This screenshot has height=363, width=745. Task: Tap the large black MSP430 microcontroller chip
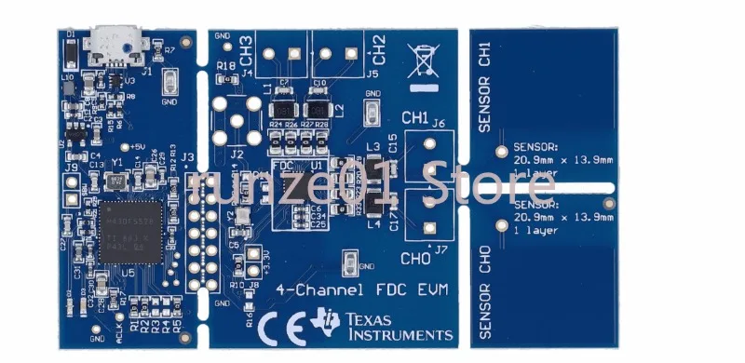[x=130, y=229]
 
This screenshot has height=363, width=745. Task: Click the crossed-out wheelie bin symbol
[x=424, y=61]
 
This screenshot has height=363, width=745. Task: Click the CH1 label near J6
[x=414, y=118]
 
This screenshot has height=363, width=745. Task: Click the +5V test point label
[x=139, y=146]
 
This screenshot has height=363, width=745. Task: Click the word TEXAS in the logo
[x=368, y=318]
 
